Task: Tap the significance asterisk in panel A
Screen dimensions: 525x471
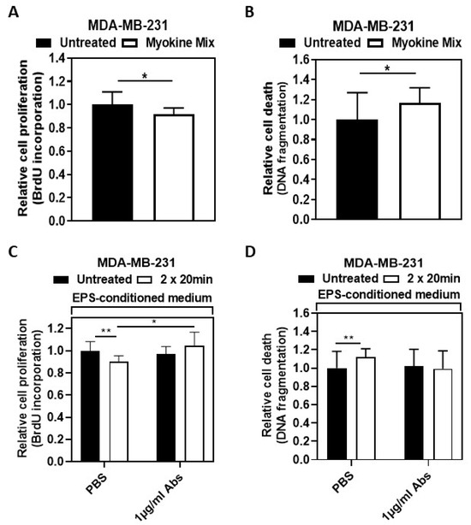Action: click(143, 76)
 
